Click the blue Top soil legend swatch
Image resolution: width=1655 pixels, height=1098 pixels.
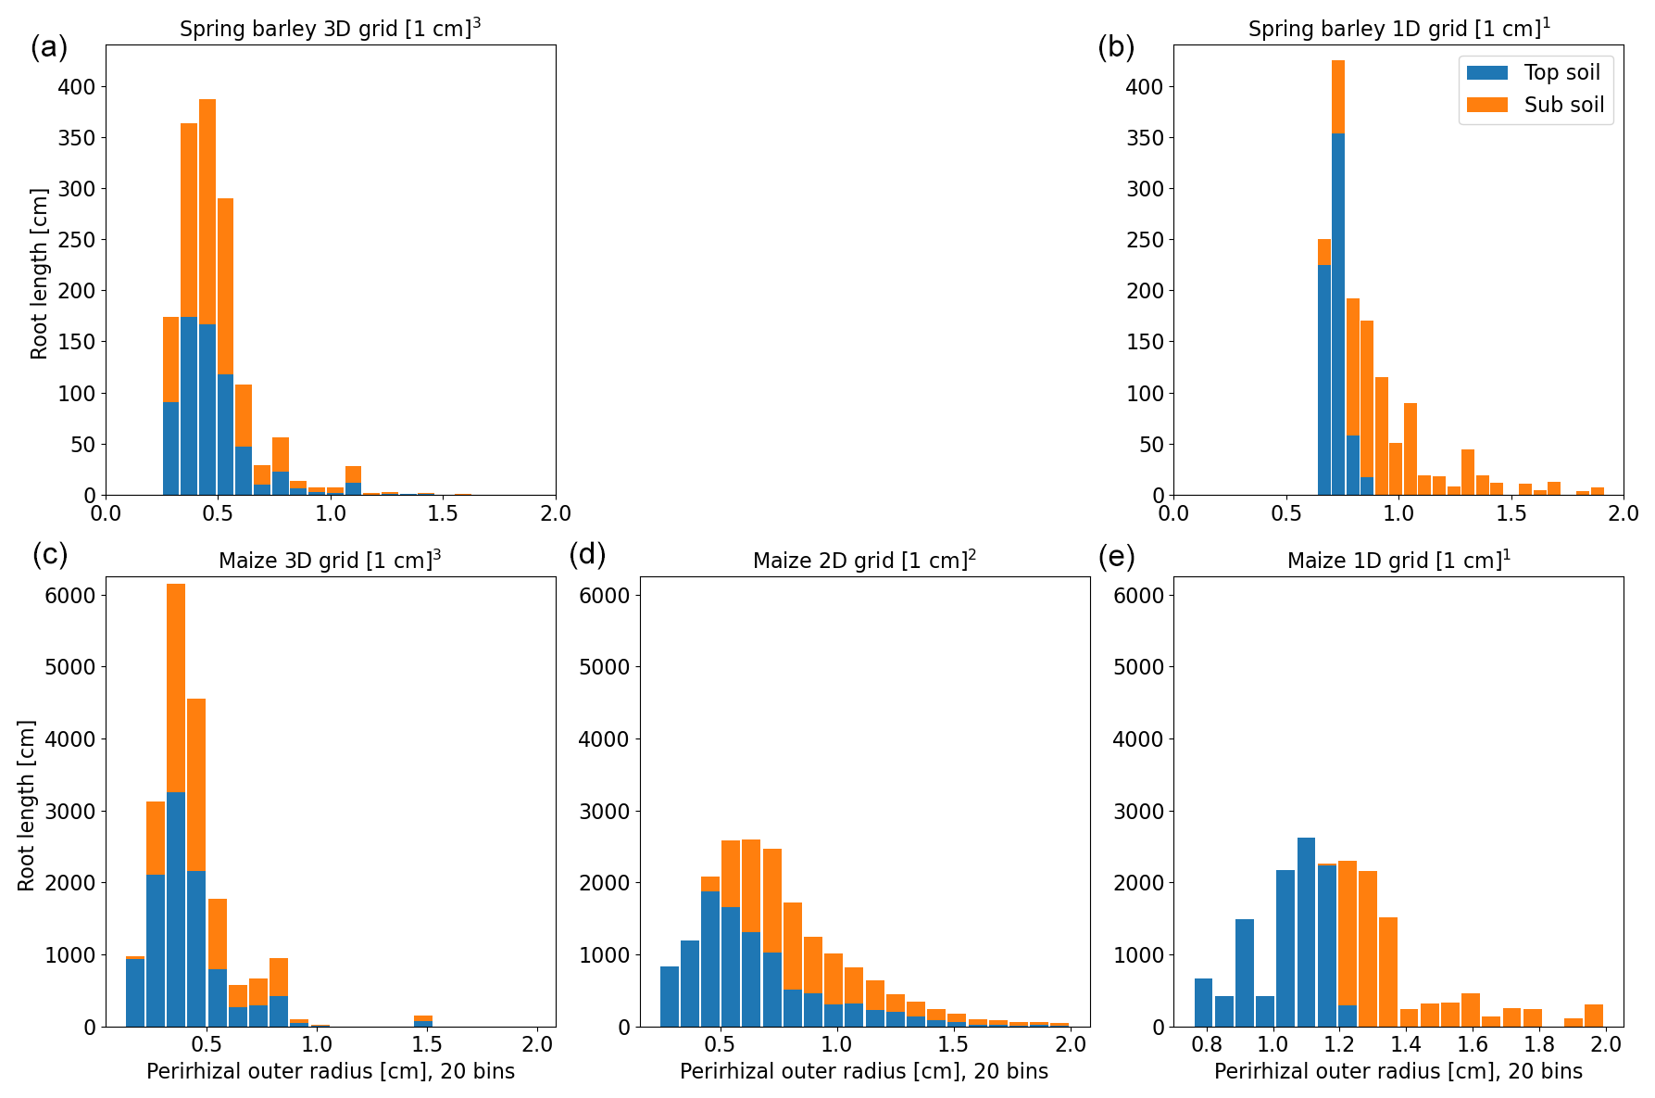1487,72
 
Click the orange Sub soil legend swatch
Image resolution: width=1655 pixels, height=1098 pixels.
1487,105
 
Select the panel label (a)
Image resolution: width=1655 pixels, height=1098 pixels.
48,46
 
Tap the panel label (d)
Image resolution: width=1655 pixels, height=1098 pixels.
587,554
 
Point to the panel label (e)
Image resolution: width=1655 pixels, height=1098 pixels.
1116,556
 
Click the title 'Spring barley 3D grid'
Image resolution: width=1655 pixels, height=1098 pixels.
330,28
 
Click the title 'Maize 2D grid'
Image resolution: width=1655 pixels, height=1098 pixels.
864,560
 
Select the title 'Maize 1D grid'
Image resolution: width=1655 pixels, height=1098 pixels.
1398,560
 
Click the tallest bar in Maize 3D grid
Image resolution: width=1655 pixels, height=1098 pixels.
176,806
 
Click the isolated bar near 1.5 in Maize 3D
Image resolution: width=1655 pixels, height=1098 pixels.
423,1021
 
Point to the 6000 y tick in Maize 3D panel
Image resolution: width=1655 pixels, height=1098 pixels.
70,595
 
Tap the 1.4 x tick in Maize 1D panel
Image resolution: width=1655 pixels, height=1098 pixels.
1405,1044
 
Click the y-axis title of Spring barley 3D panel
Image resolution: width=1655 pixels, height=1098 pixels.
39,273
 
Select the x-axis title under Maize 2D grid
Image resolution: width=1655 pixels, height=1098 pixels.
864,1072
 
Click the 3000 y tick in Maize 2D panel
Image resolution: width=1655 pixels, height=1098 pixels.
604,811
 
